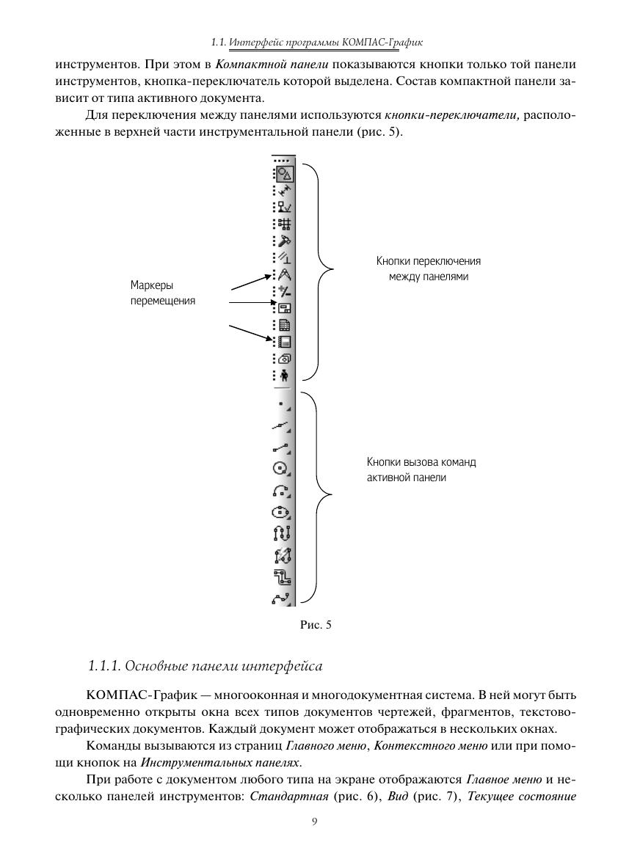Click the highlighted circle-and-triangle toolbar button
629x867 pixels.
285,174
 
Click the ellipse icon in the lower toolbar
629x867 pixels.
283,513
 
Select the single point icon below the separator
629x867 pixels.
281,403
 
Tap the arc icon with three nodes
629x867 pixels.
283,490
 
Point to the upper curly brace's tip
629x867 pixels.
332,268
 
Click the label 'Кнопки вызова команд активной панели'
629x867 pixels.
421,469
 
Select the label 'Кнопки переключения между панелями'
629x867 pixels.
429,269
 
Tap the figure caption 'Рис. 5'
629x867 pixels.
316,625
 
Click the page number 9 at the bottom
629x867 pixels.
314,822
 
